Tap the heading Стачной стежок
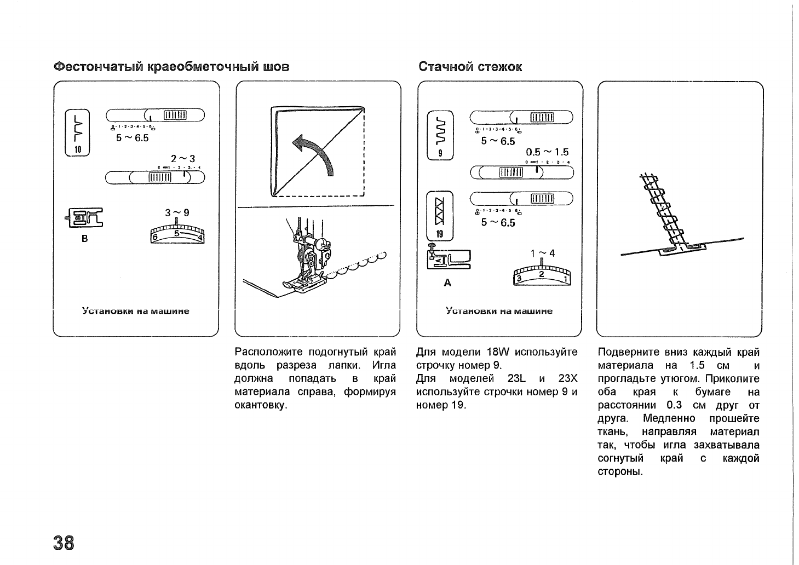[x=470, y=67]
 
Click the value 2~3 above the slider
[x=182, y=159]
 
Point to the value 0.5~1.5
[x=547, y=152]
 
